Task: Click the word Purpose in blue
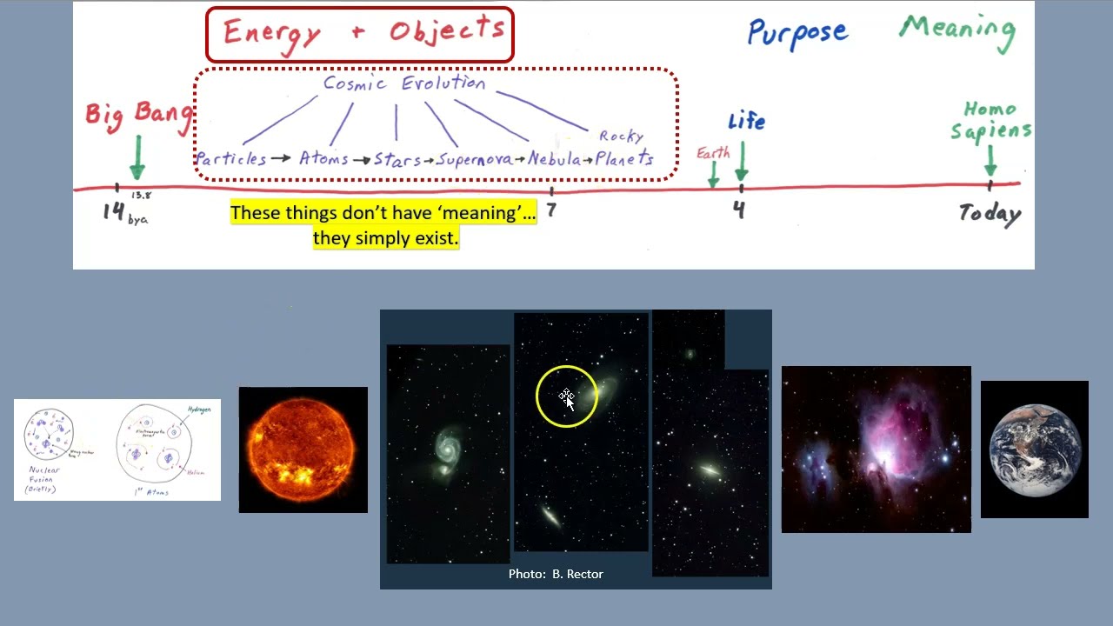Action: click(796, 33)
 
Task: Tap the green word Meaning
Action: click(957, 30)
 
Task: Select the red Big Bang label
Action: click(137, 114)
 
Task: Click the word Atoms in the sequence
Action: click(323, 158)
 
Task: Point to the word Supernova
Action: click(474, 159)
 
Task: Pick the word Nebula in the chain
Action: click(554, 159)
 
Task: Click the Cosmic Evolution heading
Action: click(404, 83)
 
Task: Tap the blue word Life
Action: click(746, 121)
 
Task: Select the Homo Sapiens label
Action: click(990, 120)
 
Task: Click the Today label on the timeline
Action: click(990, 213)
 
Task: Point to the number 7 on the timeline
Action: click(550, 210)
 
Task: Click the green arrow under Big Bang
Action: click(137, 158)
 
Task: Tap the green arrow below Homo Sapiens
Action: click(990, 161)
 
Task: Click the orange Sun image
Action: click(303, 450)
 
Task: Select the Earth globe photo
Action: click(1034, 450)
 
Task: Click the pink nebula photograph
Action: click(876, 449)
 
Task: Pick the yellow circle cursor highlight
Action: click(566, 396)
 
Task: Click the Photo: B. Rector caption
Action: click(556, 574)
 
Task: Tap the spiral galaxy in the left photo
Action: click(447, 450)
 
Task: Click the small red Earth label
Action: click(713, 153)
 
